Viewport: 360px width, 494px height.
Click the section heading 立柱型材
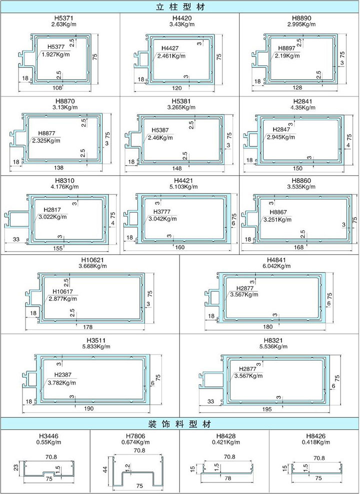(x=180, y=7)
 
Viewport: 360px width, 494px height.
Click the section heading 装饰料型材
(x=180, y=423)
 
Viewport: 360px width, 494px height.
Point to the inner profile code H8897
(x=287, y=48)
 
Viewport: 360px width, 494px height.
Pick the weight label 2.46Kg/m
(x=160, y=137)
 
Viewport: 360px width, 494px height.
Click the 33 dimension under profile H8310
(x=16, y=239)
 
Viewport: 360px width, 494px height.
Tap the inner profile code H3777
(x=162, y=211)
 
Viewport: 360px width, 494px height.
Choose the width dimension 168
(x=298, y=247)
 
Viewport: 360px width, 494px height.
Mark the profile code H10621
(x=92, y=260)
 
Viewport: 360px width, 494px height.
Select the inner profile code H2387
(x=62, y=375)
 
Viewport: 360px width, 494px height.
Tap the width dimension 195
(x=266, y=409)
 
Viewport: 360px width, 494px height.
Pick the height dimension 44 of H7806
(x=106, y=469)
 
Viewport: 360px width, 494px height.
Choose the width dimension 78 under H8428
(x=228, y=478)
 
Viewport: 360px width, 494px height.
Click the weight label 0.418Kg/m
(x=316, y=442)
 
